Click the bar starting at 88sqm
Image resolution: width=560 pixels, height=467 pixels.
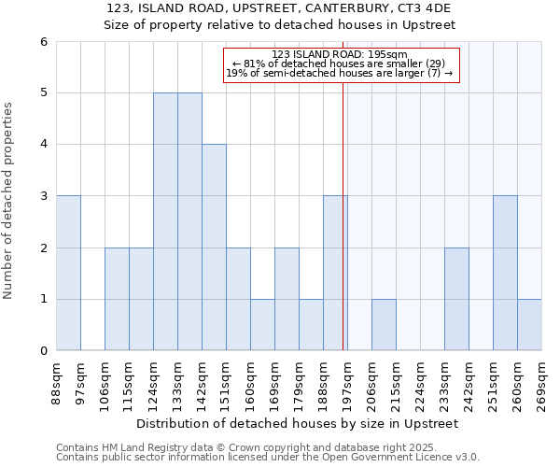tap(68, 273)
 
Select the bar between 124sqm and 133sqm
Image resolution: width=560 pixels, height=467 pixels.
tap(165, 221)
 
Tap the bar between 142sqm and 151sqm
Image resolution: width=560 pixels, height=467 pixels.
tap(214, 248)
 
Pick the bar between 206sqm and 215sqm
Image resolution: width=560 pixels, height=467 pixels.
tap(384, 325)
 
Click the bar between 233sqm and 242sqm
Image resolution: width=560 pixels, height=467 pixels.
tap(456, 299)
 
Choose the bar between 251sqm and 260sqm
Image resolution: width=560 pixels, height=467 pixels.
tap(505, 273)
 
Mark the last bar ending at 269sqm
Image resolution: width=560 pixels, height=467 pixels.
tap(529, 325)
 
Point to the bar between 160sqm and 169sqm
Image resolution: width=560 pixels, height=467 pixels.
tap(262, 325)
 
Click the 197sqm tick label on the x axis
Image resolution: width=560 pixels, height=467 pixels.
tap(347, 382)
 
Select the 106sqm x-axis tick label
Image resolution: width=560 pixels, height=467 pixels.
tap(105, 382)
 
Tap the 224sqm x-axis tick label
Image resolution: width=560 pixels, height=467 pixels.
tap(420, 382)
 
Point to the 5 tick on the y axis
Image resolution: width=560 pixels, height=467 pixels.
tap(44, 93)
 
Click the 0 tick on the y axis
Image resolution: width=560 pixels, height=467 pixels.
tap(44, 351)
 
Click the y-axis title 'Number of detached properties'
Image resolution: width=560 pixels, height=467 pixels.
tap(9, 201)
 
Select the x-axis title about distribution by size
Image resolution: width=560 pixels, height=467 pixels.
tap(299, 423)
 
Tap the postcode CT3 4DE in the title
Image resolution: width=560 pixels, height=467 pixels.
tap(425, 7)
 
